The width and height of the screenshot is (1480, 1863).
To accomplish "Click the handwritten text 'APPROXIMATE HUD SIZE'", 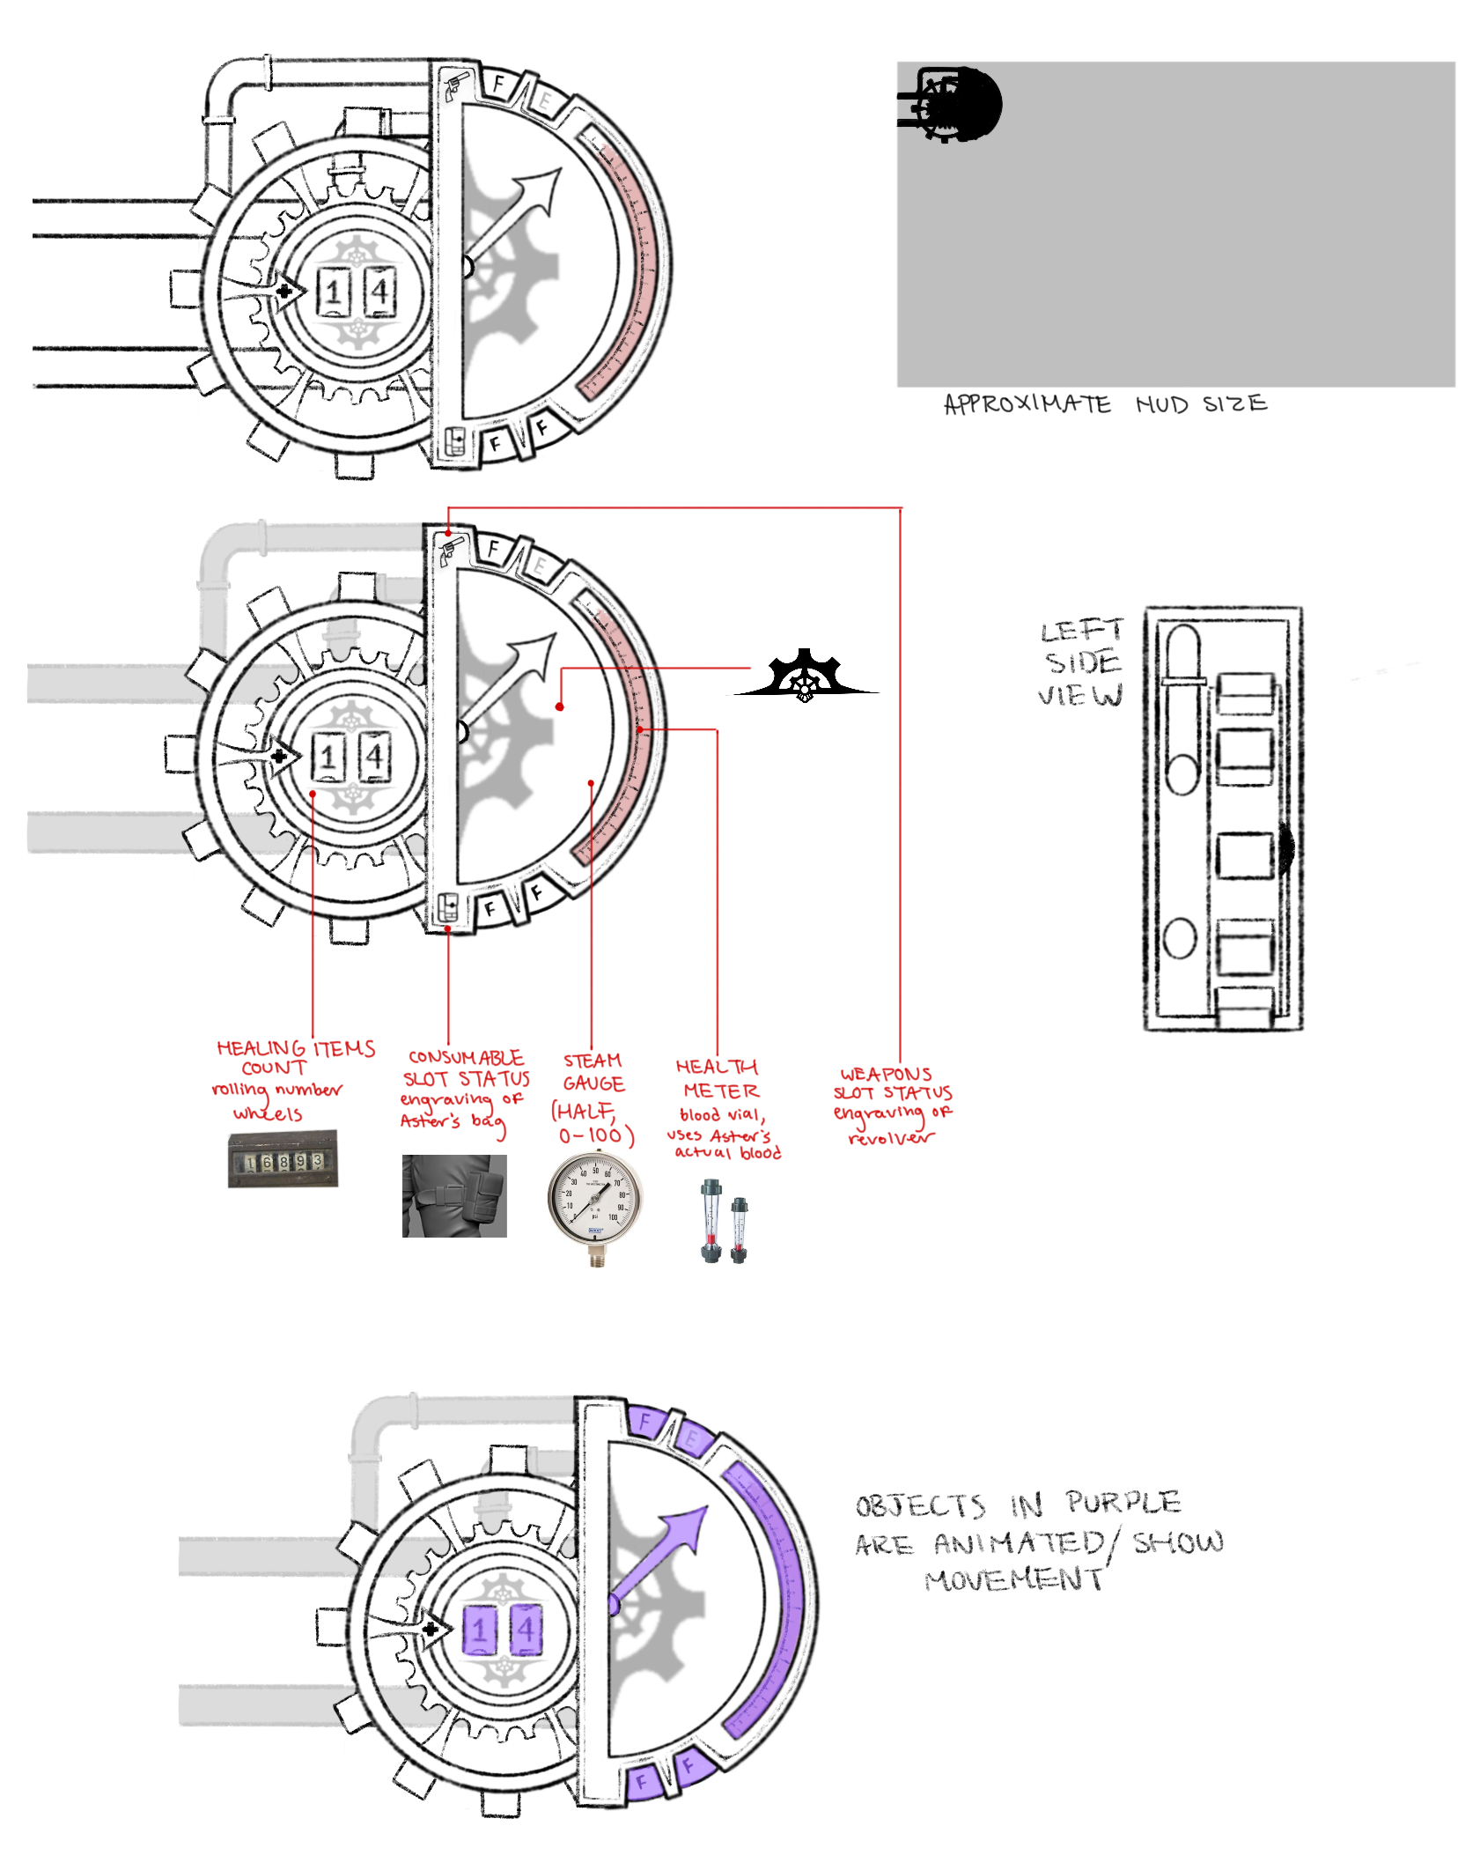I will point(1104,404).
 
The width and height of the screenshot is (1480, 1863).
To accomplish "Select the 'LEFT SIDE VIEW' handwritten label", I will point(1082,662).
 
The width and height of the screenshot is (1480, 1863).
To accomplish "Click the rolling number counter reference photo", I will point(283,1159).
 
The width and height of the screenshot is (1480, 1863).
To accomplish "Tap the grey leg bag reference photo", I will point(454,1195).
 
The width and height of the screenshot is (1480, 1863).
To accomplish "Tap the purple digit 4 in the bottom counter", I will point(526,1629).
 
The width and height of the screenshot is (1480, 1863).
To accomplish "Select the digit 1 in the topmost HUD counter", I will point(334,292).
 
